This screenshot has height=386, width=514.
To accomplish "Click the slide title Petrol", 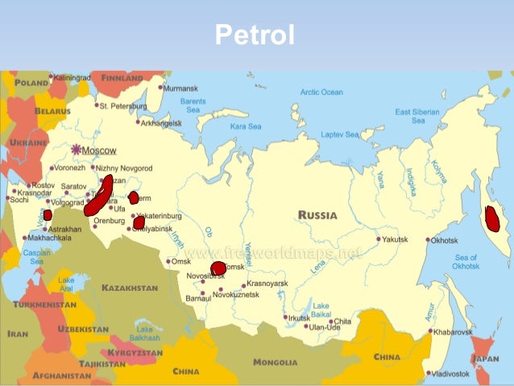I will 255,35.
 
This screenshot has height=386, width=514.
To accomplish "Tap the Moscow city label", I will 99,151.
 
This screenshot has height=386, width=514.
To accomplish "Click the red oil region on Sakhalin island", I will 493,218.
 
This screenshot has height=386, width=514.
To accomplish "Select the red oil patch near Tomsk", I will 218,268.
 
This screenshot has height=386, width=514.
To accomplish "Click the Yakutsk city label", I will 396,239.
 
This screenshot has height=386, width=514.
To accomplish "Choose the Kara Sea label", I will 246,127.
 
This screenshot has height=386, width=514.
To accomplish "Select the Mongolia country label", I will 276,363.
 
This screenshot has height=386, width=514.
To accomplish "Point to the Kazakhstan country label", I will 130,288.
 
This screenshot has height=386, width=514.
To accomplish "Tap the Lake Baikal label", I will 321,309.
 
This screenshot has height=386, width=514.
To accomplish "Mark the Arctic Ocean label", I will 321,92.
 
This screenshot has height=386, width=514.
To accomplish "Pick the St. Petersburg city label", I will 123,106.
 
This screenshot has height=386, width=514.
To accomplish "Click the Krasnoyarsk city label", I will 267,284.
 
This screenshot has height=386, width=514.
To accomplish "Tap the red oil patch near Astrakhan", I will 48,215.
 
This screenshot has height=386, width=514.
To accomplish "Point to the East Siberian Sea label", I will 418,116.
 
